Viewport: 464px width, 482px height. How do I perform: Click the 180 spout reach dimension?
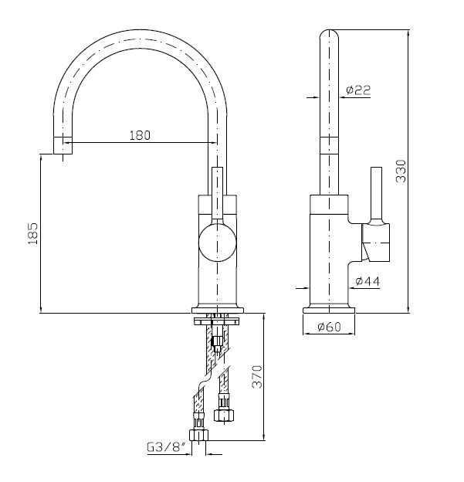140,136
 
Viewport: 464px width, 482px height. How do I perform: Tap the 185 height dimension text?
33,233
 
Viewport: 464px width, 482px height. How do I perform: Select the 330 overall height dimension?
401,171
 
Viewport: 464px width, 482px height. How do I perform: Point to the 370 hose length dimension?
257,377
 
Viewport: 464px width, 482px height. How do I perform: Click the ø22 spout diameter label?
358,90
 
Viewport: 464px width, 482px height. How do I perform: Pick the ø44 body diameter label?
367,280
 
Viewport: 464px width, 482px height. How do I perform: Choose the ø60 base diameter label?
329,327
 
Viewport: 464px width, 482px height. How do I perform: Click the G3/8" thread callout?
167,447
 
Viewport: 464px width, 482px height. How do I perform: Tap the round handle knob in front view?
217,243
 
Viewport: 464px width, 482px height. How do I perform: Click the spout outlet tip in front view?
63,145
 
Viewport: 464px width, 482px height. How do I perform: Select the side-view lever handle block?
375,243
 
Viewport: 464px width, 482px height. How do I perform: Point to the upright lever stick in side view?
376,195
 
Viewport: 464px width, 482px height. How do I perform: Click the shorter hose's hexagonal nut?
224,416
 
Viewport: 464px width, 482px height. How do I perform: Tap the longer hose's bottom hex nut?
198,436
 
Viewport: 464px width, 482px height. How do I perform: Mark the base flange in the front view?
217,311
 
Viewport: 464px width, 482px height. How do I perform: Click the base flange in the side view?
329,311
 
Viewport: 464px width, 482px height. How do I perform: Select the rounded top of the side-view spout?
329,35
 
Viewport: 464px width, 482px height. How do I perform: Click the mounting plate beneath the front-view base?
217,321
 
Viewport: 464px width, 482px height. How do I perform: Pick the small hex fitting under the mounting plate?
218,341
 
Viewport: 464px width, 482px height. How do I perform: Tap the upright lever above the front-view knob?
217,194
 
